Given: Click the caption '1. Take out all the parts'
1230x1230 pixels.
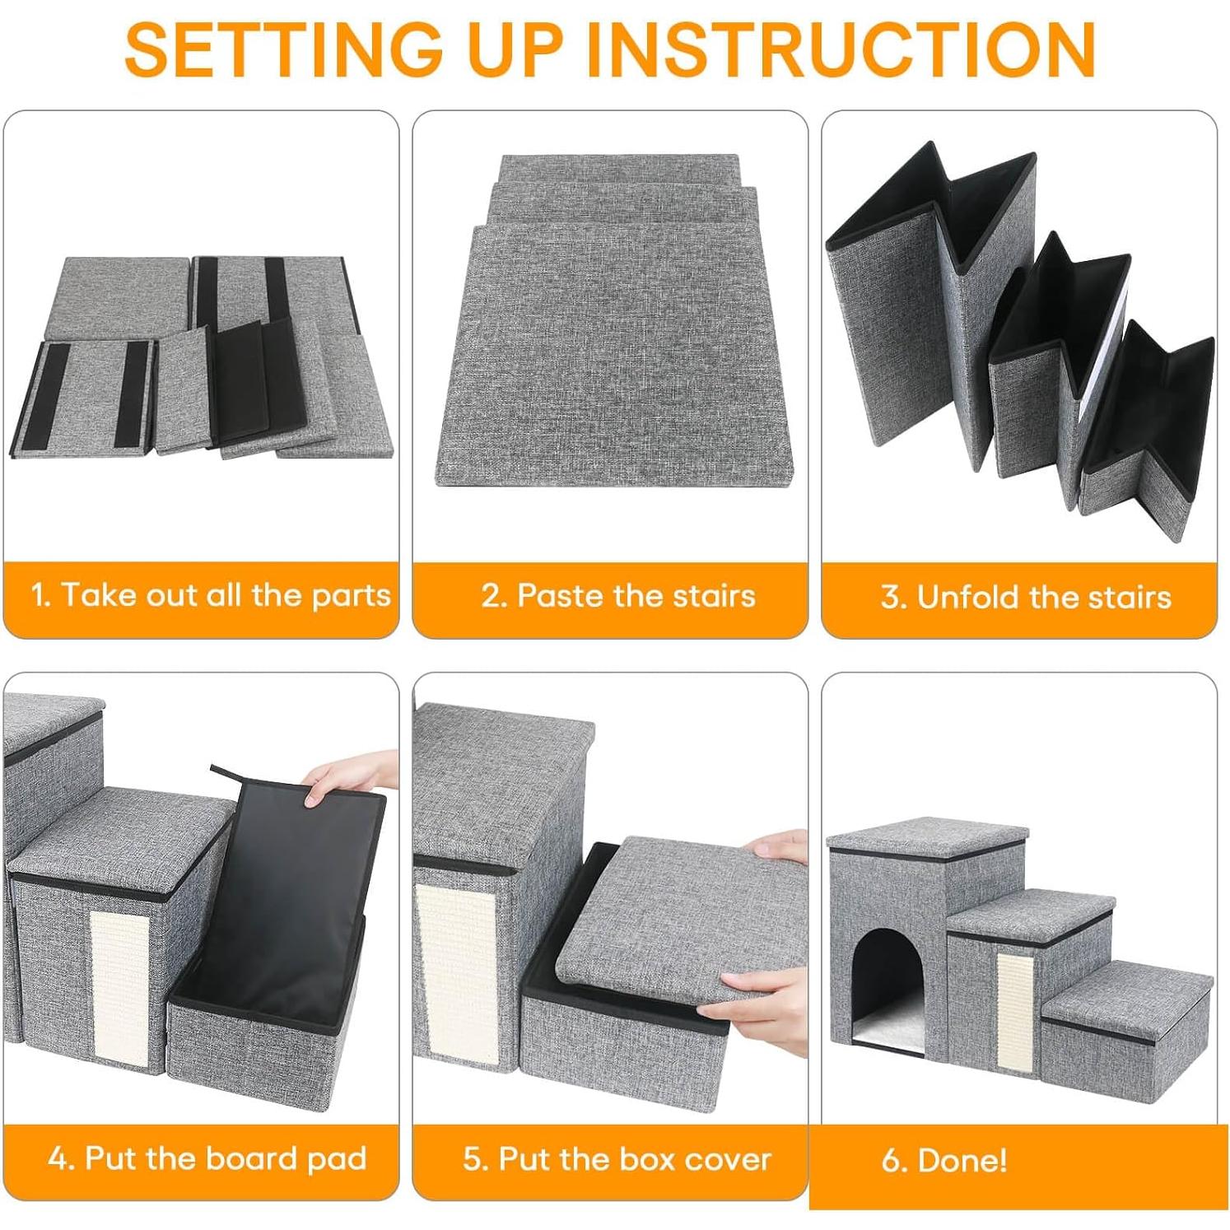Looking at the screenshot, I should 210,595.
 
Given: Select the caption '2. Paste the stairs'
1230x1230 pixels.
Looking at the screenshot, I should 617,595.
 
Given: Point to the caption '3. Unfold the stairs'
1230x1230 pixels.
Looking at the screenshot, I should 1025,597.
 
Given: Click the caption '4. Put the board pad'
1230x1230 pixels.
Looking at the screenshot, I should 207,1158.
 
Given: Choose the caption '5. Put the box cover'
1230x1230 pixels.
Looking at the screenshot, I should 617,1159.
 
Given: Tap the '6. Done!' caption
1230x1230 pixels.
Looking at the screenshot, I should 944,1161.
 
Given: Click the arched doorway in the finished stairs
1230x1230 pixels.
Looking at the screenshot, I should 888,984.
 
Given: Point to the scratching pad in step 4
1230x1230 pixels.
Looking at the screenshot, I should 120,984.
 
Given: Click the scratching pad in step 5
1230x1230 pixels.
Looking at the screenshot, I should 455,971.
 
